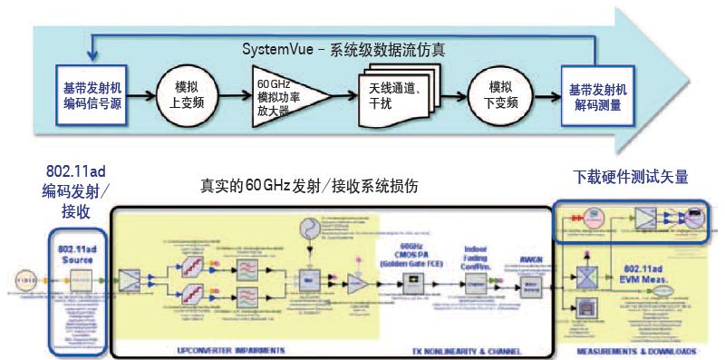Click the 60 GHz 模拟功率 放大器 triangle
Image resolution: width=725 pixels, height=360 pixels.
pos(282,96)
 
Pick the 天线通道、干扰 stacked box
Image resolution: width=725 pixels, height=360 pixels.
pos(404,98)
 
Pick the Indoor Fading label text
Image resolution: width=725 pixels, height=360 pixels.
pos(475,256)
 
